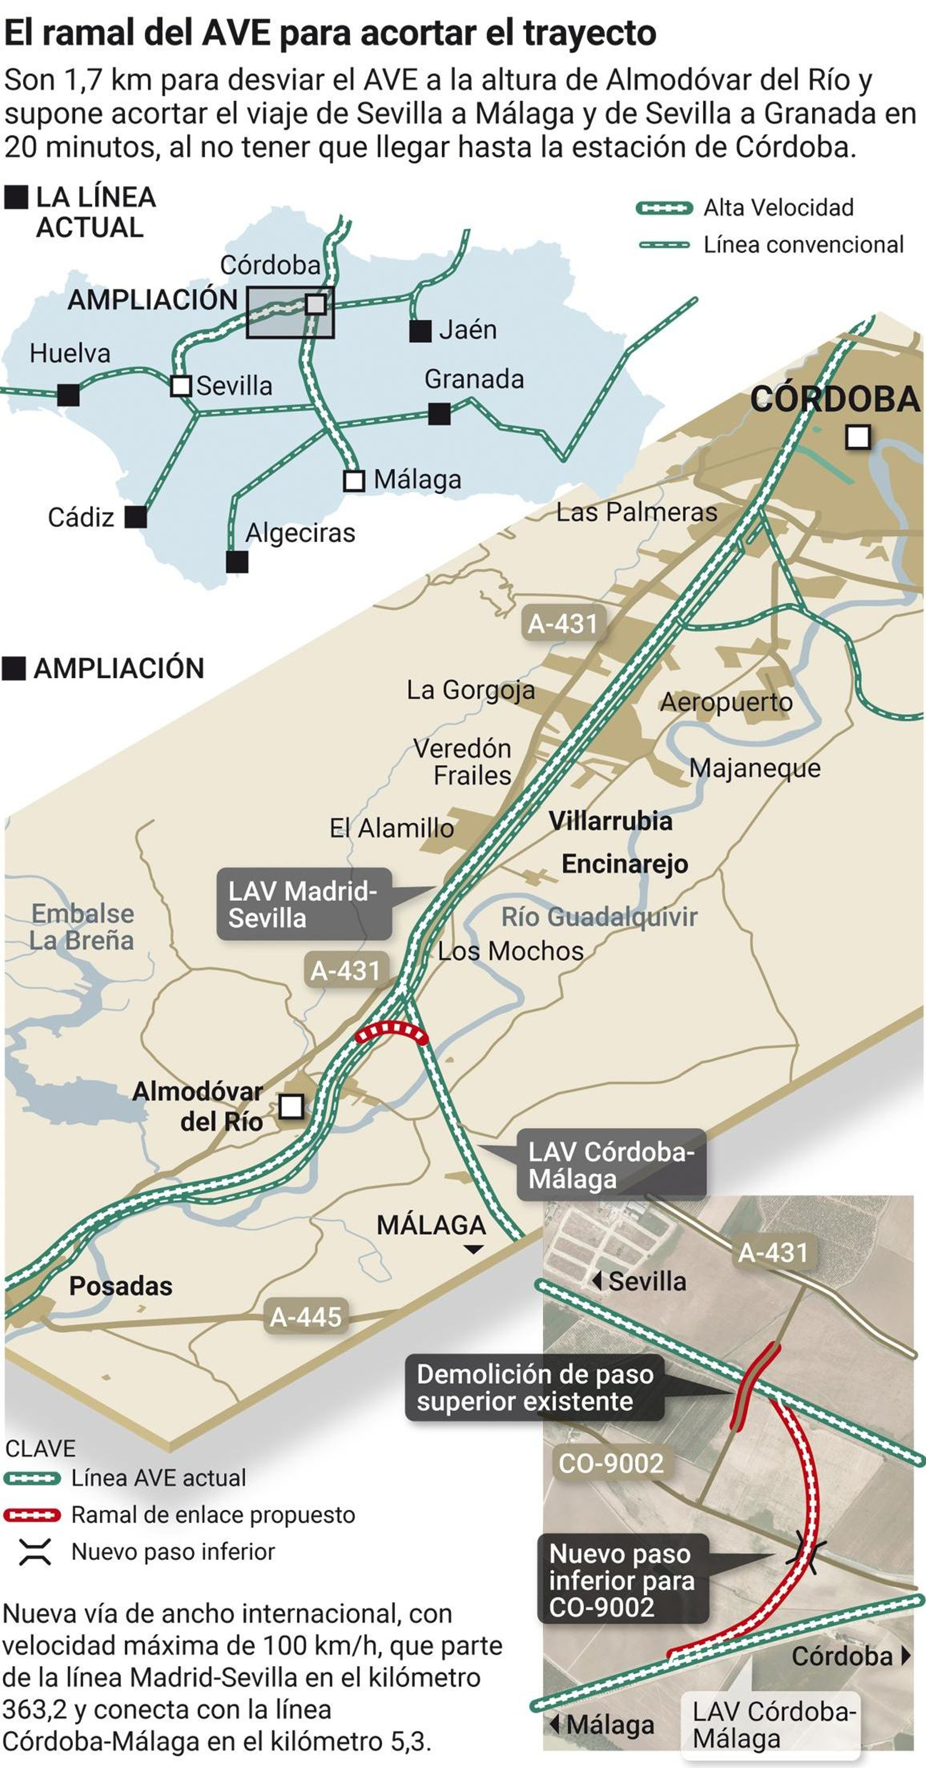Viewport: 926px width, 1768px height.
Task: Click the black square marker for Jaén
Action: pyautogui.click(x=420, y=331)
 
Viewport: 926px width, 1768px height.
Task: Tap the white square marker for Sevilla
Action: pyautogui.click(x=181, y=386)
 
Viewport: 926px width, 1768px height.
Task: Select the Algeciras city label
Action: pyautogui.click(x=300, y=533)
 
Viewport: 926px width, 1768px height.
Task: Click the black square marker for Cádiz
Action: pyautogui.click(x=136, y=517)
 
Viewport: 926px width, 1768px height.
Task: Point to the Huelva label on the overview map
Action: pyautogui.click(x=69, y=353)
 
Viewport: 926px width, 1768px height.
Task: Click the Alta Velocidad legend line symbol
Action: pyautogui.click(x=664, y=208)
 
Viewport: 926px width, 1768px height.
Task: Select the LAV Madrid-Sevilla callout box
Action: pyautogui.click(x=304, y=904)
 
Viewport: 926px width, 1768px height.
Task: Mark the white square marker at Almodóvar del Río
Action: pyautogui.click(x=292, y=1106)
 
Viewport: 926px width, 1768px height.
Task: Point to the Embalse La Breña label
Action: pyautogui.click(x=82, y=927)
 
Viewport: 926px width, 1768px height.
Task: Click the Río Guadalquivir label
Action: pyautogui.click(x=598, y=917)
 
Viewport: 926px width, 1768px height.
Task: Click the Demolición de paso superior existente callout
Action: pyautogui.click(x=534, y=1388)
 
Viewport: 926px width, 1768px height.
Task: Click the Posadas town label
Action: pyautogui.click(x=121, y=1286)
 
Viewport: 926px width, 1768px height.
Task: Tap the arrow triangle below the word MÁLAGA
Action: pyautogui.click(x=473, y=1249)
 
